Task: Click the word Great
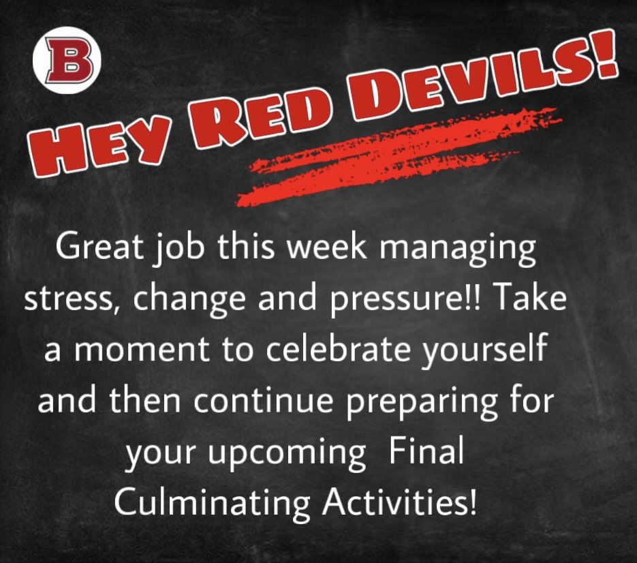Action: click(99, 249)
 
